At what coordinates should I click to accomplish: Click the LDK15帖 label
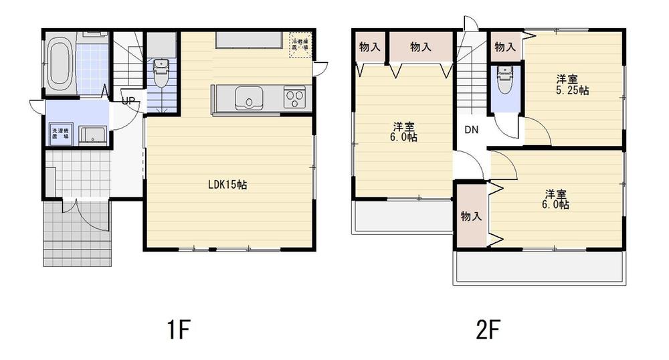pos(227,185)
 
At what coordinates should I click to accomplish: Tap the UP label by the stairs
pos(128,102)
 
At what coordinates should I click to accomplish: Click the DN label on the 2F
pos(471,130)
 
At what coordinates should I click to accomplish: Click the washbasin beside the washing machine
pos(91,134)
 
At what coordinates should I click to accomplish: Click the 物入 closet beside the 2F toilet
pos(504,47)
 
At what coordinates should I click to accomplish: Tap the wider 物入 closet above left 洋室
pos(419,47)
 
